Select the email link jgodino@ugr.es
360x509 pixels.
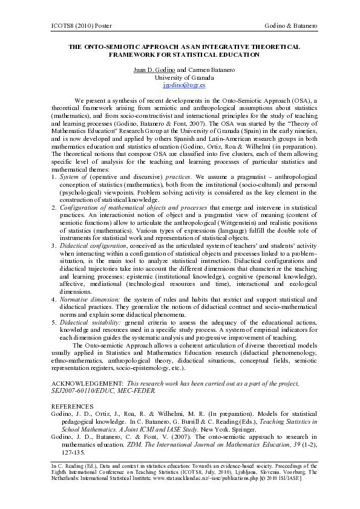(180, 86)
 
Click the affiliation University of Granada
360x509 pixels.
(180, 77)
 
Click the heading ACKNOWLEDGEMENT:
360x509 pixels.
(87, 384)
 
